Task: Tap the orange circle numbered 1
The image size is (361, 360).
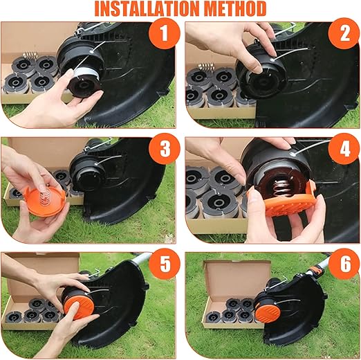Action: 164,33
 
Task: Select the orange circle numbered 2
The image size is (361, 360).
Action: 344,33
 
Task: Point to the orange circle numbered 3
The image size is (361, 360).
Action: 164,149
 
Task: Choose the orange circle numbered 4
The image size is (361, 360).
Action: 344,149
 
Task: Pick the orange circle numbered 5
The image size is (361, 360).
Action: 164,264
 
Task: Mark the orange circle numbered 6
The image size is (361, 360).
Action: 344,264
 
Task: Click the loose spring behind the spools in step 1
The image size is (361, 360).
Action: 30,55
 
